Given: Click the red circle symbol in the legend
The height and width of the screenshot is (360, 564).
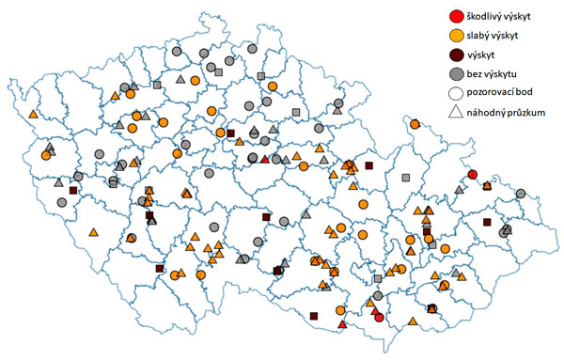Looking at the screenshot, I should (x=456, y=16).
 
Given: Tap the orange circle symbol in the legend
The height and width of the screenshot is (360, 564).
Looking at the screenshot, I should (x=456, y=36).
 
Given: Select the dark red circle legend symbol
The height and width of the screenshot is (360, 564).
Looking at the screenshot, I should (x=456, y=55).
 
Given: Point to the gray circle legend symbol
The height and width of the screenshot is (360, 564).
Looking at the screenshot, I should (x=456, y=74).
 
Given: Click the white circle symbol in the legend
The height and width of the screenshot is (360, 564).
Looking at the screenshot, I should (x=456, y=94).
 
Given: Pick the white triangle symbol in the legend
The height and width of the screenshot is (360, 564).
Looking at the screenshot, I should (x=456, y=113).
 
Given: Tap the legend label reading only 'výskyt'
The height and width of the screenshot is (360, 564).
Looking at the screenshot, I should (x=487, y=55).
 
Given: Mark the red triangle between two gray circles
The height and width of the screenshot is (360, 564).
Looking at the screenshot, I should (x=265, y=159).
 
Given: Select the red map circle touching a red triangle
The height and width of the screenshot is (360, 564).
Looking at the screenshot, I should (x=378, y=317).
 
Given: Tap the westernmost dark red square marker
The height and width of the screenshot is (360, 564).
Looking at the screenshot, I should (x=73, y=191).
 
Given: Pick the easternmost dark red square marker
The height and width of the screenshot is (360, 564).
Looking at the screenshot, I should (x=487, y=222).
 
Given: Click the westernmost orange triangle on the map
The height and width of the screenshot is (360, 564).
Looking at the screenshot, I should (x=33, y=114).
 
